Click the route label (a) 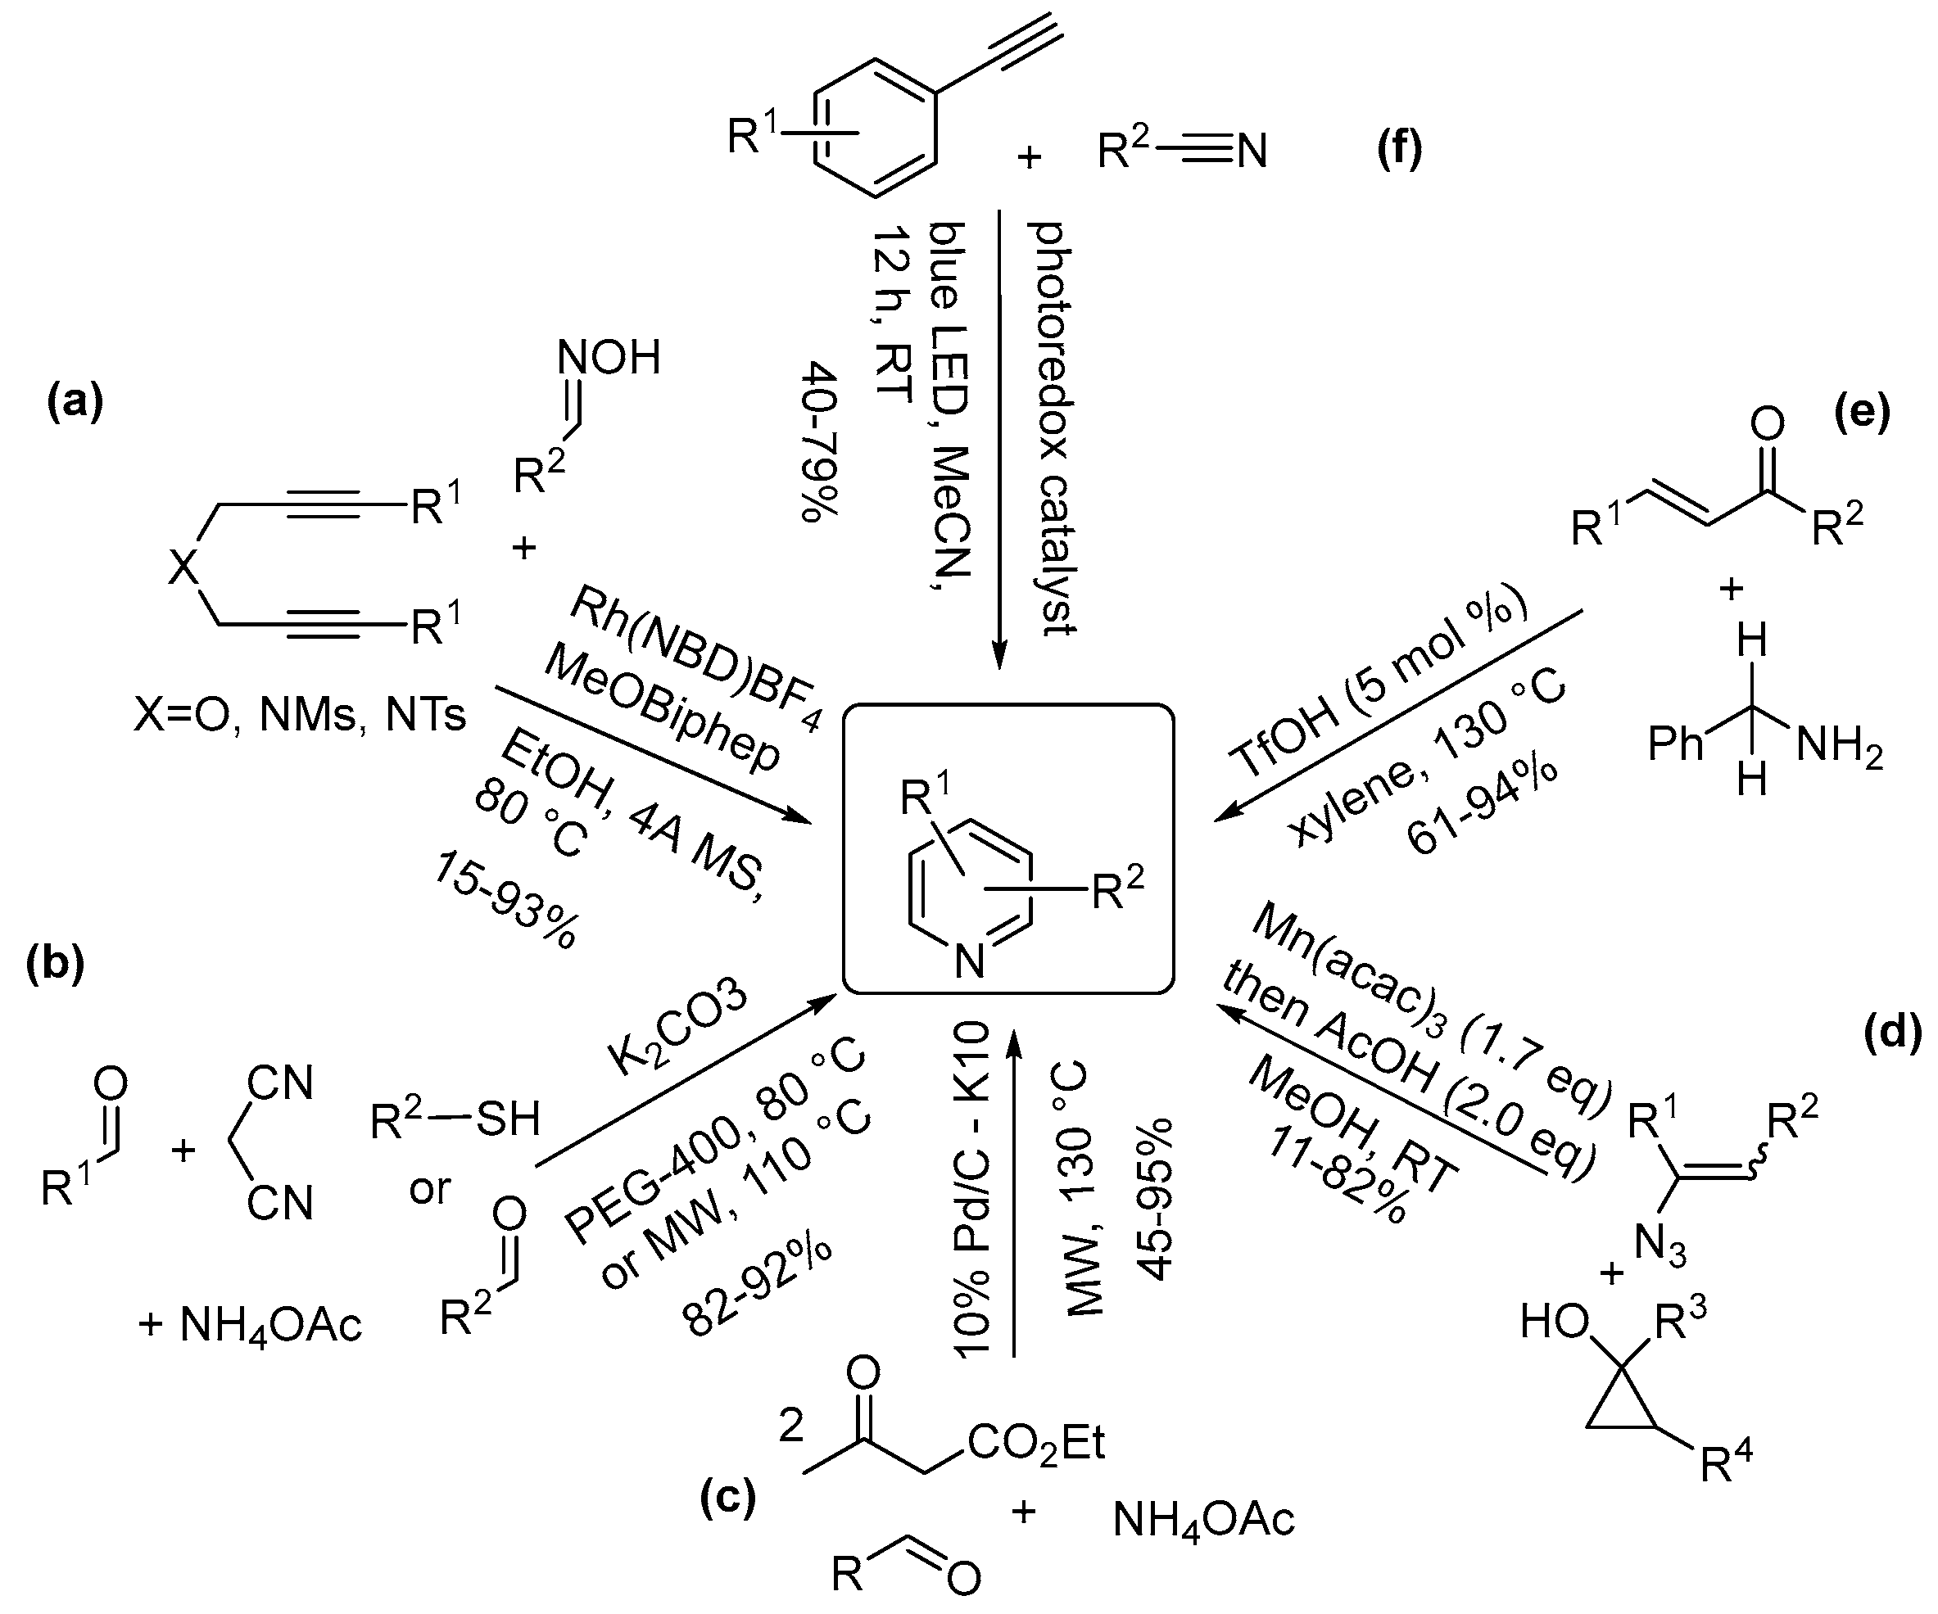(x=75, y=403)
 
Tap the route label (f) (x=1399, y=148)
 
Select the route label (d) (x=1893, y=1033)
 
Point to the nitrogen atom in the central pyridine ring (x=970, y=962)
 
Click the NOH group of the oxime (x=609, y=358)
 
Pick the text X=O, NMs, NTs (x=300, y=714)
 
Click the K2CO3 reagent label (x=678, y=1031)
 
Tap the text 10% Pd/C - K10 (x=971, y=1191)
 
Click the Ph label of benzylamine (x=1675, y=744)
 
